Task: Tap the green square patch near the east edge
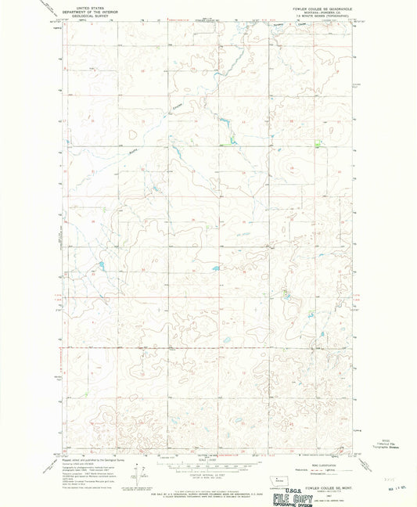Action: [316, 143]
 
